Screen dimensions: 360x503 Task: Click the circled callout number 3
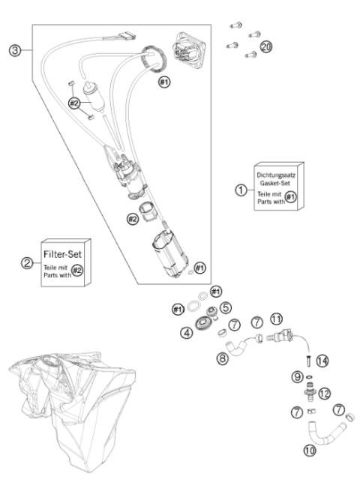click(x=15, y=51)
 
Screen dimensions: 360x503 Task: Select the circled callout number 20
click(x=266, y=46)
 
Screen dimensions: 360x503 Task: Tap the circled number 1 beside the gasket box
click(x=241, y=190)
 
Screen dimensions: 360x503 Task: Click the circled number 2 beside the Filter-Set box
click(x=27, y=263)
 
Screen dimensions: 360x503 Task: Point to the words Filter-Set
click(x=62, y=254)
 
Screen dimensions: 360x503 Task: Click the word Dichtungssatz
click(x=276, y=175)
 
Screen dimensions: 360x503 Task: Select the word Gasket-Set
click(x=275, y=183)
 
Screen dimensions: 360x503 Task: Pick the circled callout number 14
click(x=322, y=361)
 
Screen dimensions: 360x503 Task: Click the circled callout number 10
click(x=310, y=451)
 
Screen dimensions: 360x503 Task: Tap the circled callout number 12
click(x=324, y=394)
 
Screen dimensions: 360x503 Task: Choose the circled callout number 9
click(x=298, y=376)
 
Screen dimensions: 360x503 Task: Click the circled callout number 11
click(x=276, y=319)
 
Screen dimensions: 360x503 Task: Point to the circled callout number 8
click(x=222, y=358)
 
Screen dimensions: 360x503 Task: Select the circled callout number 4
click(x=187, y=333)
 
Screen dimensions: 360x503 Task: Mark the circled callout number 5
click(x=226, y=307)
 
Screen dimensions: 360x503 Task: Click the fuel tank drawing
click(x=72, y=411)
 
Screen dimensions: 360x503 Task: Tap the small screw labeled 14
click(x=309, y=361)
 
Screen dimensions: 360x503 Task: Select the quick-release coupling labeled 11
click(x=280, y=337)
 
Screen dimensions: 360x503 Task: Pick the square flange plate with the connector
click(x=189, y=50)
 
